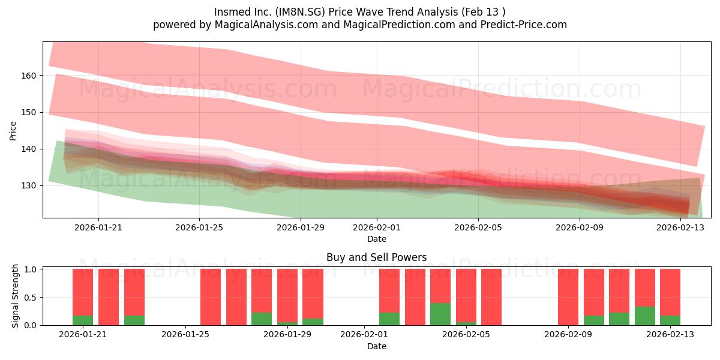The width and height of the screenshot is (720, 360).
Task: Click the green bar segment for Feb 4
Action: tap(440, 314)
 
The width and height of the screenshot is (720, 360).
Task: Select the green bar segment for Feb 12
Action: tap(645, 316)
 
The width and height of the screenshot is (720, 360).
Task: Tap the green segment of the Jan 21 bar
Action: tap(83, 320)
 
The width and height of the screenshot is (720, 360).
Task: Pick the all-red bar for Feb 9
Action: tap(568, 297)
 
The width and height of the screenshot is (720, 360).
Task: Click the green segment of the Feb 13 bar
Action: tap(670, 320)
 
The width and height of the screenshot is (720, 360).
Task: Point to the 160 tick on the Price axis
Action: tap(29, 76)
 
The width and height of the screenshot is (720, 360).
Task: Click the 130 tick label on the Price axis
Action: tap(29, 186)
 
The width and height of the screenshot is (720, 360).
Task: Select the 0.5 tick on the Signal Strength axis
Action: tap(30, 298)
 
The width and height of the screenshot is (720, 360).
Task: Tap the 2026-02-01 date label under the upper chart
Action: tap(377, 227)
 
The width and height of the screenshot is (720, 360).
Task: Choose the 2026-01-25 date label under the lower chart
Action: tap(185, 335)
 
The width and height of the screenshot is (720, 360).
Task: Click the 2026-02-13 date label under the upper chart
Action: tap(680, 227)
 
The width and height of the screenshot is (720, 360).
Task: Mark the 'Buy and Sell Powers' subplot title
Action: tap(377, 257)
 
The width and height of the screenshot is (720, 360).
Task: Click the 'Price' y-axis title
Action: tap(13, 131)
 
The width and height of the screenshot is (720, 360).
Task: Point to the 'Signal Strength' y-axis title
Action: tap(15, 296)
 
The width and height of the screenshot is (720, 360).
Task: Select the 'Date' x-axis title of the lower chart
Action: tap(377, 347)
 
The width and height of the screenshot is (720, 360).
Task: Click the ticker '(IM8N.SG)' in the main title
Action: tap(300, 12)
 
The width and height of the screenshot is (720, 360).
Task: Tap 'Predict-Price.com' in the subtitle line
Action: tap(524, 25)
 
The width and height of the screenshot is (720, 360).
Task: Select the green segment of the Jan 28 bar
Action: tap(262, 319)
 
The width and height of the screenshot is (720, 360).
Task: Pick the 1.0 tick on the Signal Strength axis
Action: tap(30, 269)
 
